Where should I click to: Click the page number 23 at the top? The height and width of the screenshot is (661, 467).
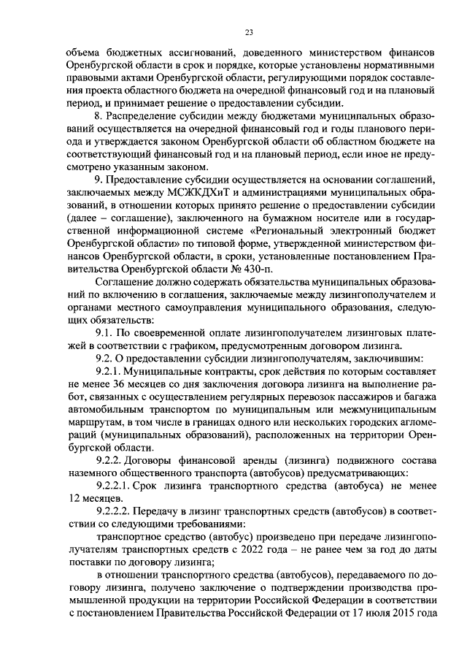point(250,32)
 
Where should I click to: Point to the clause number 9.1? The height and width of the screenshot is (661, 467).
point(105,334)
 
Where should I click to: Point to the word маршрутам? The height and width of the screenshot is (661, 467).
point(93,424)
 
